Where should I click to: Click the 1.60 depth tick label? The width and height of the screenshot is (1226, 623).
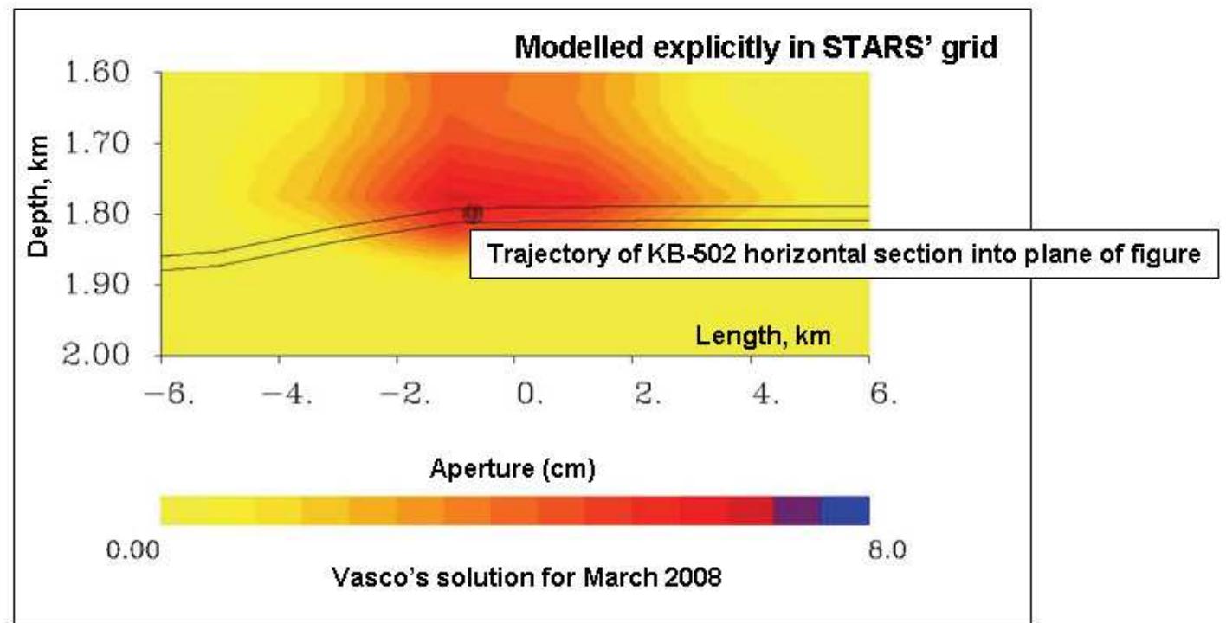pos(98,73)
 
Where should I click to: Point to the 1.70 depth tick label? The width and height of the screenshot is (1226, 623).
pos(98,144)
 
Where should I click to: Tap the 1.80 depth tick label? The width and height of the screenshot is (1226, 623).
pos(98,214)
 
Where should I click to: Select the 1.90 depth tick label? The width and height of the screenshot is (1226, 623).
pos(98,285)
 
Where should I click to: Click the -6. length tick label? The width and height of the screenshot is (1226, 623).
pos(170,394)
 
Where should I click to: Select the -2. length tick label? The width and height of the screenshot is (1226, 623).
pos(405,394)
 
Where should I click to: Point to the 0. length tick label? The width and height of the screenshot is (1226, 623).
pos(530,394)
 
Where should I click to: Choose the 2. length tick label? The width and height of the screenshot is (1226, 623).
pos(648,394)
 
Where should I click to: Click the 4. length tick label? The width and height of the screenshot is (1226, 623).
pos(765,394)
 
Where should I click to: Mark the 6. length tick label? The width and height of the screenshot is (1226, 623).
pos(883,394)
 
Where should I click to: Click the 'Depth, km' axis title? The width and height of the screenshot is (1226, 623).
pos(38,197)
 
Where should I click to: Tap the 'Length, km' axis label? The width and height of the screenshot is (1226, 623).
pos(763,335)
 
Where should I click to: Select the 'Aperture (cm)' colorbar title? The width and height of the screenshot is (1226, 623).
pos(513,469)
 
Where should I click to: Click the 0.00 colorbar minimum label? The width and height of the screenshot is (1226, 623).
pos(133,549)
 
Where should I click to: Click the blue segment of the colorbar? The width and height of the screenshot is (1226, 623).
pos(845,511)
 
